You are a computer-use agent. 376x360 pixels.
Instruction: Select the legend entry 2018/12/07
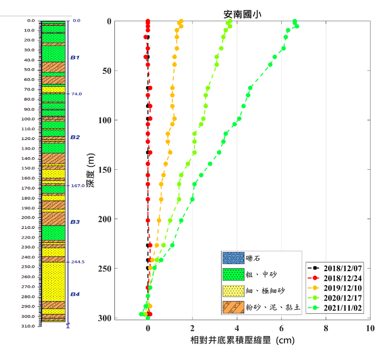(x=336, y=268)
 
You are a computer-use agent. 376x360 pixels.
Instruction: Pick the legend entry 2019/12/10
(x=336, y=287)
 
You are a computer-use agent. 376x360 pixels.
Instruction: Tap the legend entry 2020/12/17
(x=336, y=297)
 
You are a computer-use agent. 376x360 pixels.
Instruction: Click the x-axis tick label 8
(x=326, y=329)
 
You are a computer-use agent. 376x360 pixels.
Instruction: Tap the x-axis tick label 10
(x=370, y=329)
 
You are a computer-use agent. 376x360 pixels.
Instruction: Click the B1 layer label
(x=75, y=57)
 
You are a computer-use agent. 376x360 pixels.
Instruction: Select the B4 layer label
(x=75, y=294)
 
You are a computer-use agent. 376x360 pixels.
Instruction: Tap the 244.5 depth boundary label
(x=77, y=262)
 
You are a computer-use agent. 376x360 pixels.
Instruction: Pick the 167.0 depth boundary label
(x=77, y=186)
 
